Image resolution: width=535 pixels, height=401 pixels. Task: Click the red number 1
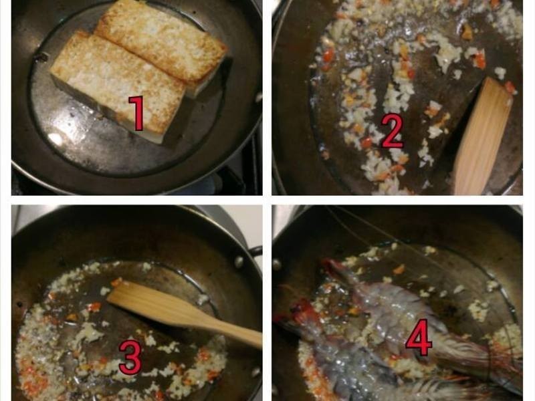coord(137,113)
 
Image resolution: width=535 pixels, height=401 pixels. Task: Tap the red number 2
coord(393,132)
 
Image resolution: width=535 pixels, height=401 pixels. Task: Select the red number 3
coord(130,358)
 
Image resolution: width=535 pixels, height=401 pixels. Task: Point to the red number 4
coord(419,338)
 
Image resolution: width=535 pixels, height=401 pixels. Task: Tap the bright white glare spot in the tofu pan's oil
coord(56,139)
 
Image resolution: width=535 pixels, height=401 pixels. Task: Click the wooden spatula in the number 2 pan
coord(481,136)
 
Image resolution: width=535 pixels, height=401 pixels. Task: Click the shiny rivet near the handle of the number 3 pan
coord(239,262)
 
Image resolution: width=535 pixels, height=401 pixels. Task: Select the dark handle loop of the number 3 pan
coord(256,252)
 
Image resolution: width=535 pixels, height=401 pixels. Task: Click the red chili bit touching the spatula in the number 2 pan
coord(510,87)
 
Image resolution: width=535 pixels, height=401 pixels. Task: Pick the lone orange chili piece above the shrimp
coord(398,269)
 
